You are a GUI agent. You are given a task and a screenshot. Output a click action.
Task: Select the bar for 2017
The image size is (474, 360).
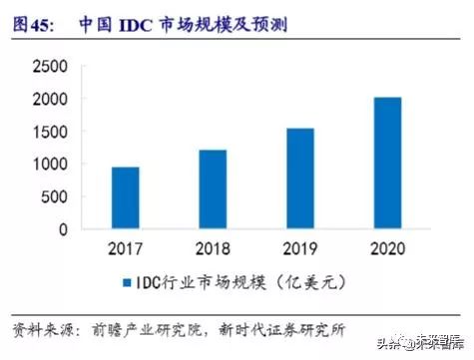(x=125, y=197)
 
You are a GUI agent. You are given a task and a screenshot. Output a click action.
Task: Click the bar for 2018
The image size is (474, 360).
(x=211, y=189)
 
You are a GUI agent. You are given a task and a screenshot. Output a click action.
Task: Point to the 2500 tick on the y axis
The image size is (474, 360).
(x=47, y=66)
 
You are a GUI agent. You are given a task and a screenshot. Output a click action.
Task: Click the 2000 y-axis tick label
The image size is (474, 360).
(x=47, y=99)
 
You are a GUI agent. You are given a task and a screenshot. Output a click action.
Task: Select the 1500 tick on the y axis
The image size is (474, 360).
(x=47, y=132)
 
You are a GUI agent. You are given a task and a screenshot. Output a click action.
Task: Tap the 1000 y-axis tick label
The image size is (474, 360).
(x=47, y=164)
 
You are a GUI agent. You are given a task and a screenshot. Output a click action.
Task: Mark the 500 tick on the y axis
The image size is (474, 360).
(x=52, y=196)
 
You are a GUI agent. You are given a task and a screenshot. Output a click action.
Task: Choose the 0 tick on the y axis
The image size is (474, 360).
(x=62, y=228)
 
